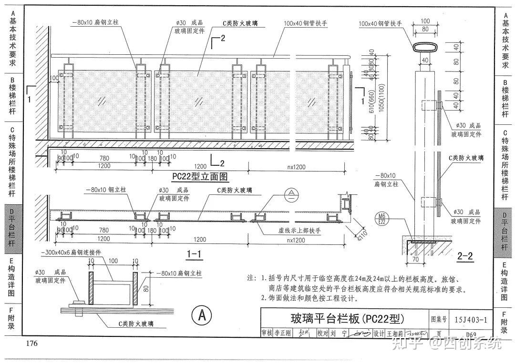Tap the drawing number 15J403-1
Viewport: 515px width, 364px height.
(x=471, y=319)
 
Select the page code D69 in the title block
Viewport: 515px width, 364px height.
(x=472, y=334)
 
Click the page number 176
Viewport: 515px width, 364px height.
(x=32, y=344)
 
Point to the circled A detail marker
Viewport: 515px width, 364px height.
(x=202, y=315)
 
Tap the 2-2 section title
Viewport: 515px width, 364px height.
(x=464, y=257)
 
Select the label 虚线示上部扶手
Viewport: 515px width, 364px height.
(x=300, y=231)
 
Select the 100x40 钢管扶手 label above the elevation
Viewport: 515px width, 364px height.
(x=305, y=23)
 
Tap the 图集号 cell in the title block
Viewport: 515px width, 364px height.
(x=439, y=319)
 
